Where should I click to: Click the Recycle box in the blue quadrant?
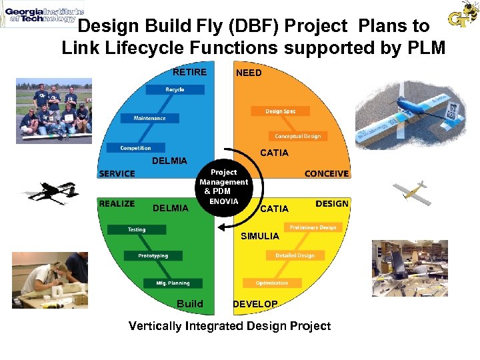tap(175, 89)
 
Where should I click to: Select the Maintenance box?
tap(150, 118)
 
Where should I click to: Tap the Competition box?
tap(135, 147)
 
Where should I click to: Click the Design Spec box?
tap(280, 111)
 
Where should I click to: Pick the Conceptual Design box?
tap(298, 136)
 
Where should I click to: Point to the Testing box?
tap(137, 229)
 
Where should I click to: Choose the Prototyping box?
tap(153, 255)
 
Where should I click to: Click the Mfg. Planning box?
tap(173, 283)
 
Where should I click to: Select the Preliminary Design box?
tap(313, 227)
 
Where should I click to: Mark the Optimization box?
tap(272, 283)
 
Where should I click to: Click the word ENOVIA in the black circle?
tap(223, 201)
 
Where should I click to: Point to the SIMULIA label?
tap(260, 236)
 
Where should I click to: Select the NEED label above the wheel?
tap(249, 73)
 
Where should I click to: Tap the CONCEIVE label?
tap(327, 173)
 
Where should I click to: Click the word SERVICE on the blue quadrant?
tap(117, 173)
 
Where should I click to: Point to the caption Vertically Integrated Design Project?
tap(229, 326)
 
